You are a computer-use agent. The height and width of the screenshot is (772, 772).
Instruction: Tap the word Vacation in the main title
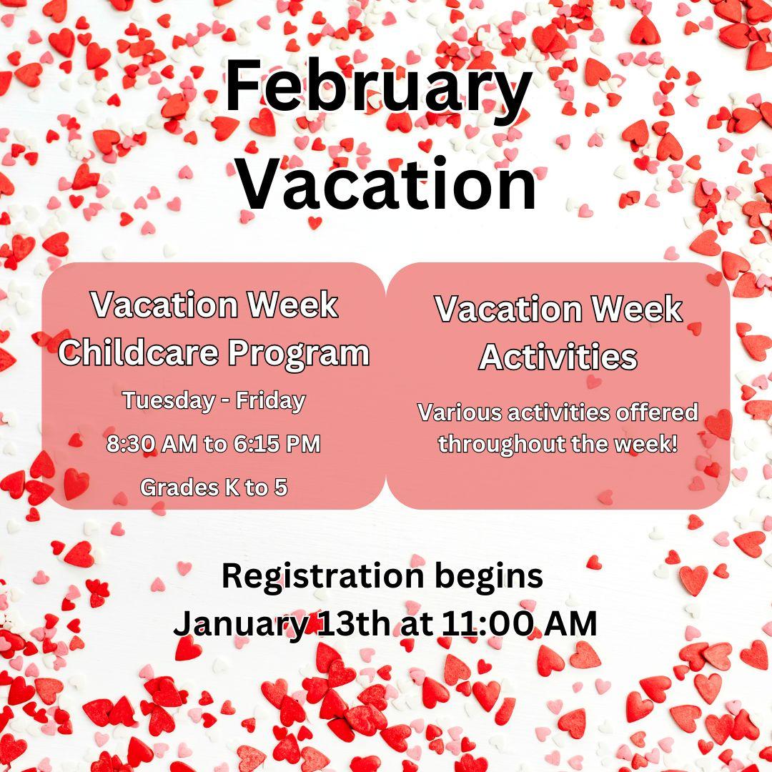387,182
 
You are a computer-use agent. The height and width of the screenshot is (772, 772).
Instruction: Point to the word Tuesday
169,401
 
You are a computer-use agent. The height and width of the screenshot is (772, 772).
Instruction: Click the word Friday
271,401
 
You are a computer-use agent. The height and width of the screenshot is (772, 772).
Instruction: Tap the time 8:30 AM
152,444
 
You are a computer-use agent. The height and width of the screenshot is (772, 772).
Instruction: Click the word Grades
179,488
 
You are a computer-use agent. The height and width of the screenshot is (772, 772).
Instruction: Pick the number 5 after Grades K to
281,488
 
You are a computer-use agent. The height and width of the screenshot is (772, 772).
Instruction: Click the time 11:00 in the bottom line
488,624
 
